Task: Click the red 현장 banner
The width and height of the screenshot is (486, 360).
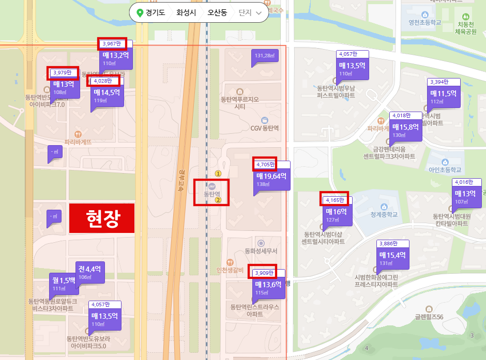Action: point(102,218)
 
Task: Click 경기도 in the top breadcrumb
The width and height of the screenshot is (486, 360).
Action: point(151,12)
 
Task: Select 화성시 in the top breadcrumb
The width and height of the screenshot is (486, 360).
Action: point(186,12)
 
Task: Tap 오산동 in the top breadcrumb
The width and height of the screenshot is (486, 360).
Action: point(217,12)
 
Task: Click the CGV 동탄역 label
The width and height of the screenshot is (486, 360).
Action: point(264,128)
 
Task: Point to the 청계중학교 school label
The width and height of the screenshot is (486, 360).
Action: point(384,214)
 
